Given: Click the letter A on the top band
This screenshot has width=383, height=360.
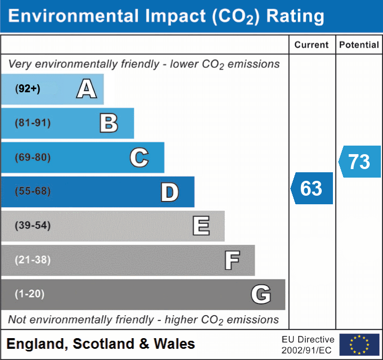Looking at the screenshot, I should coord(87,89).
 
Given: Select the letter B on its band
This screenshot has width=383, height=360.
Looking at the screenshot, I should coord(109,123).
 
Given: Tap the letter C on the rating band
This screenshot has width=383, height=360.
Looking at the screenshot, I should coord(139,157).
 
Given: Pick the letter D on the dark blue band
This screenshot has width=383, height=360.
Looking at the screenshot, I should coord(169,192).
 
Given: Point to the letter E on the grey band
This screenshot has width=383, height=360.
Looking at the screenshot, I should coord(201,226).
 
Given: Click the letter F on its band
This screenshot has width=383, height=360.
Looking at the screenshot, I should coord(232,260).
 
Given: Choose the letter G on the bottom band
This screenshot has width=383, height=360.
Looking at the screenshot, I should coord(261,294).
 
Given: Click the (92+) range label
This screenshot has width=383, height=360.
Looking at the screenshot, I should coord(28,89).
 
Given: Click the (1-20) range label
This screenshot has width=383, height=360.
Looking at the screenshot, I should coord(30,294).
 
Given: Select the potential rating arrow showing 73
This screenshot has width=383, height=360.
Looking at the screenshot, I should coord(360,162).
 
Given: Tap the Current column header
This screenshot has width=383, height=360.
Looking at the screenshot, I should coord(312,45).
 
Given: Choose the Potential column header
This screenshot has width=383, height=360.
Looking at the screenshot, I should coord(359,45).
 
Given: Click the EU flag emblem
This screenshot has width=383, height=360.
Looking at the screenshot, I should coord(359,345).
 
